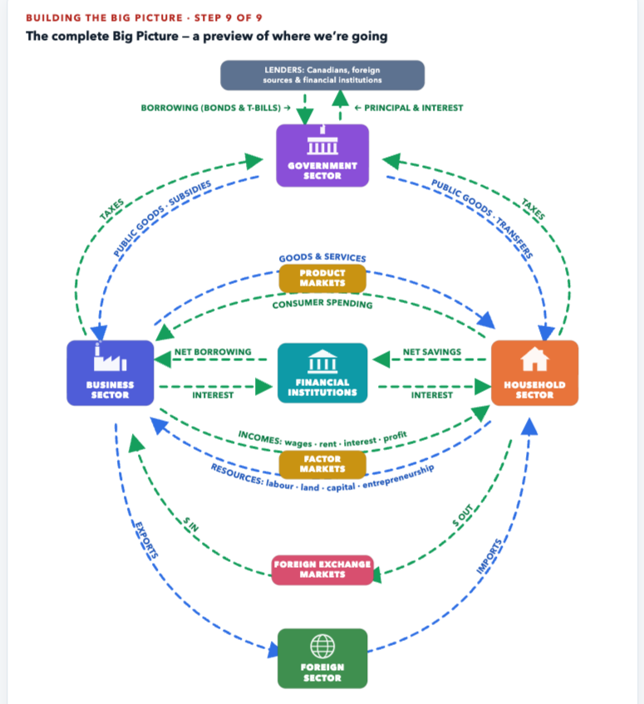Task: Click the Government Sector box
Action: click(x=322, y=155)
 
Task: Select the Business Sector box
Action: click(x=111, y=373)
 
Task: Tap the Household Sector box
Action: click(x=535, y=373)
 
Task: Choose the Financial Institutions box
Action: click(x=322, y=373)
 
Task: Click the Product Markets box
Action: click(x=322, y=278)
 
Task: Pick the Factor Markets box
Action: click(x=322, y=464)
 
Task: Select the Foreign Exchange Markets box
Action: click(x=322, y=570)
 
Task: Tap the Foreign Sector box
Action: click(x=322, y=658)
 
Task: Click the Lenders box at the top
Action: click(x=322, y=75)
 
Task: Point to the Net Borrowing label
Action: click(x=213, y=351)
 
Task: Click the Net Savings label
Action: click(x=432, y=351)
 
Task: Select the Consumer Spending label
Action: click(x=322, y=304)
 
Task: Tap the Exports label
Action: click(x=146, y=540)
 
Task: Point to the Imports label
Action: click(x=489, y=557)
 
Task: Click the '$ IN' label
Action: click(x=190, y=525)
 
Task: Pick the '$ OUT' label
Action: click(x=463, y=516)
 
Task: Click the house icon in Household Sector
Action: click(x=535, y=359)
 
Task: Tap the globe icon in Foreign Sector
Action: click(x=322, y=647)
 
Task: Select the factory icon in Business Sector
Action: click(x=111, y=358)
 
